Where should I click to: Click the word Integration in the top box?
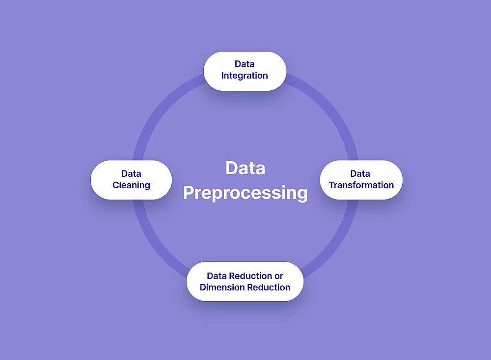245,76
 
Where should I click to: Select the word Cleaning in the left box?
131,185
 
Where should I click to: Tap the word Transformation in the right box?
361,185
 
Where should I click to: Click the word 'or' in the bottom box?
279,276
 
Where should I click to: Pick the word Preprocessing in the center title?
245,193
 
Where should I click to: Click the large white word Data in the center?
245,168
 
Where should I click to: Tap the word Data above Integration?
245,64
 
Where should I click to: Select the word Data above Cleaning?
131,173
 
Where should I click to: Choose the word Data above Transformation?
360,173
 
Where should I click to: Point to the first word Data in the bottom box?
217,276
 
